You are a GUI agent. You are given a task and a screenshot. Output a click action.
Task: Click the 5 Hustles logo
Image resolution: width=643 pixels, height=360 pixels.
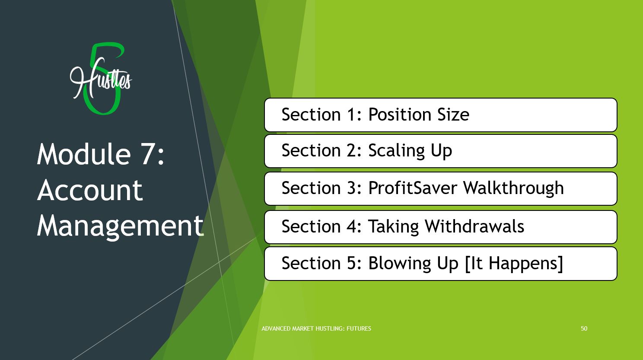(x=100, y=78)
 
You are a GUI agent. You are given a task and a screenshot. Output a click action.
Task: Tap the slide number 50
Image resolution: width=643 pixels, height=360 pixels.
(x=584, y=328)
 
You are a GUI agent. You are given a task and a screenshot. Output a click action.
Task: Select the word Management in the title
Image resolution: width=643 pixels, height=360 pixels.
(x=120, y=226)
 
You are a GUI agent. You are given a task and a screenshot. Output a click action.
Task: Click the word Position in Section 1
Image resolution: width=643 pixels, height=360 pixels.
(x=400, y=115)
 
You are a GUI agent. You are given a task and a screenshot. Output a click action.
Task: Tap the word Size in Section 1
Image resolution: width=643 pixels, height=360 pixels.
(x=453, y=115)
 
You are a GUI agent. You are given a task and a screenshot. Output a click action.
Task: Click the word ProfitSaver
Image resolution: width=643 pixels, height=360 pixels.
(x=413, y=188)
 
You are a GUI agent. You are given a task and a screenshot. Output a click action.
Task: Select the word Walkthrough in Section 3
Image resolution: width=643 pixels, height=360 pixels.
(x=513, y=188)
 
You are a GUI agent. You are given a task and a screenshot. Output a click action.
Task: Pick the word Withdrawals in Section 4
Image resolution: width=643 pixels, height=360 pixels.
(x=474, y=226)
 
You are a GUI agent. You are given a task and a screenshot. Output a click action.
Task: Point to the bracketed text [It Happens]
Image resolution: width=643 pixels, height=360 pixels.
(x=514, y=264)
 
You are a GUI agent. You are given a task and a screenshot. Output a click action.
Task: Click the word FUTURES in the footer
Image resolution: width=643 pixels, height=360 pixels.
(x=359, y=328)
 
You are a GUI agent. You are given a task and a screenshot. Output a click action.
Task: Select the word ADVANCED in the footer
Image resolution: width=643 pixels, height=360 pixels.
(x=276, y=328)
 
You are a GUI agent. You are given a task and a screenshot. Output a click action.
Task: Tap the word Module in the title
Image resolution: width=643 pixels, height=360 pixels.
(x=84, y=154)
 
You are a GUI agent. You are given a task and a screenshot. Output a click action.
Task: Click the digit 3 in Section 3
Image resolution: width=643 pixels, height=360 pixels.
(x=351, y=188)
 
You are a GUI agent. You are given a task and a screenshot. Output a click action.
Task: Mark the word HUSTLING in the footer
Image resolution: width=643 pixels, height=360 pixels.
(x=329, y=328)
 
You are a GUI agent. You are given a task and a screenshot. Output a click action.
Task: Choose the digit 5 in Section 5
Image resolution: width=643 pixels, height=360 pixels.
(x=351, y=263)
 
